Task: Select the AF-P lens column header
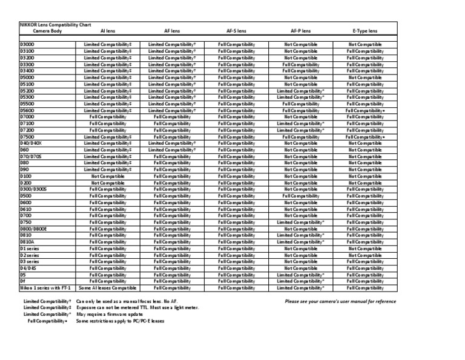point(301,30)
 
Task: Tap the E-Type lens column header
point(365,30)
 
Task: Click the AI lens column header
point(107,30)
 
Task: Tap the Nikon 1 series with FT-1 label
point(45,288)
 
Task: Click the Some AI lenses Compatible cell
point(108,288)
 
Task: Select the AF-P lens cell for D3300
point(301,64)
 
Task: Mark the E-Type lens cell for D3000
point(365,45)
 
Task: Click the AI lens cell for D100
point(108,176)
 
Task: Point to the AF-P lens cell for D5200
point(301,91)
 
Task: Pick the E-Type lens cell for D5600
point(365,111)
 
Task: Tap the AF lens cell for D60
point(172,150)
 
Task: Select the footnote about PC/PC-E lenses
point(120,321)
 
